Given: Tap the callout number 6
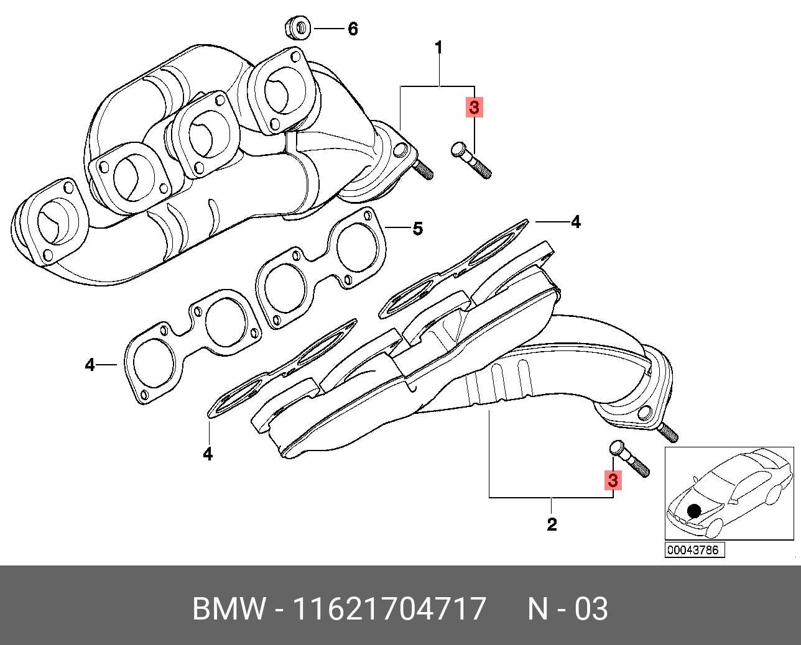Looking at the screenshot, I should click(x=353, y=29).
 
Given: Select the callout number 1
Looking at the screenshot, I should click(x=438, y=47).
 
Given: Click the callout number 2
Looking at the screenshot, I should click(x=552, y=524).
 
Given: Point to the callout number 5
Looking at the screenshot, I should click(x=418, y=229).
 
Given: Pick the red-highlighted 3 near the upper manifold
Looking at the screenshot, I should click(x=475, y=107).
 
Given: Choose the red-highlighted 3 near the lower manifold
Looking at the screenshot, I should click(x=613, y=480).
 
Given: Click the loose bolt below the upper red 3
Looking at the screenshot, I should click(x=470, y=159).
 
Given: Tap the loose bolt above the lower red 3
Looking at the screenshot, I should click(x=629, y=458).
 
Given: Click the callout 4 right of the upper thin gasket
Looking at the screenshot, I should click(x=576, y=222).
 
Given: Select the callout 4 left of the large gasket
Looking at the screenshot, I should click(x=90, y=365).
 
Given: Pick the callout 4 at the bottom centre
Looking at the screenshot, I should click(x=208, y=454).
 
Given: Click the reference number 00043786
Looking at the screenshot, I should click(x=693, y=550).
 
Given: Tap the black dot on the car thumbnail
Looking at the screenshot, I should click(x=695, y=511).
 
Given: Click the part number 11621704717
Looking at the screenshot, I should click(x=389, y=608).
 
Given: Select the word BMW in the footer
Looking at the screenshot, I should click(x=228, y=608).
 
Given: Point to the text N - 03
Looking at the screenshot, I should click(x=567, y=608).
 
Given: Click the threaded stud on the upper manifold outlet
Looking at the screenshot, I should click(x=423, y=168).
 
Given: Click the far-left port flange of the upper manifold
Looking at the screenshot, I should click(x=49, y=221).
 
